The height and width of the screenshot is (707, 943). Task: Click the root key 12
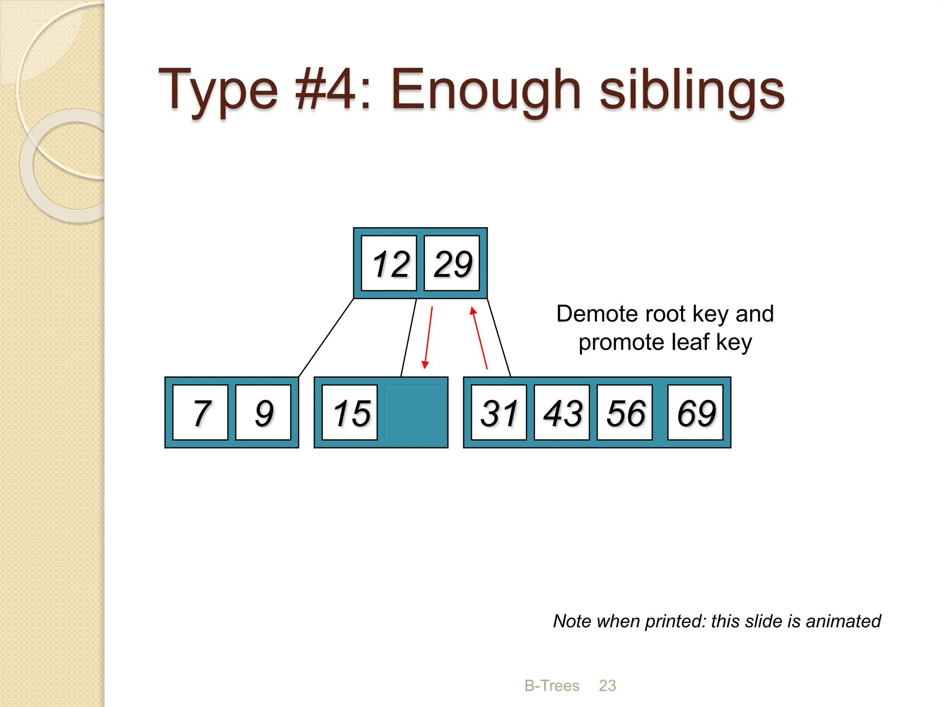(x=389, y=263)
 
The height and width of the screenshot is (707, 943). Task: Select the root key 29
(x=452, y=263)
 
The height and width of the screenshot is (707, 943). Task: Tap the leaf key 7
(x=200, y=412)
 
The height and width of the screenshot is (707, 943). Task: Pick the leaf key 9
(x=263, y=412)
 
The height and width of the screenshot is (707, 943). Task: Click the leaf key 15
(x=350, y=412)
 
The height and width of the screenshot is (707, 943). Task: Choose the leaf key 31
(x=499, y=412)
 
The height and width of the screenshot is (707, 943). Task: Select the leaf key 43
(x=562, y=412)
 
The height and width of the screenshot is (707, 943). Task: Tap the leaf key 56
(x=625, y=412)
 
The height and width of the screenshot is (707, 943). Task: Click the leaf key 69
(x=695, y=412)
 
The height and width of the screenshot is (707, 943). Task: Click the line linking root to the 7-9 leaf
(x=326, y=337)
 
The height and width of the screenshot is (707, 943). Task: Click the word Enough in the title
(x=485, y=90)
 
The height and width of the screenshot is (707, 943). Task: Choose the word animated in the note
(x=843, y=621)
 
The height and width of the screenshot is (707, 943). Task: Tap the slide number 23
(x=607, y=686)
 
